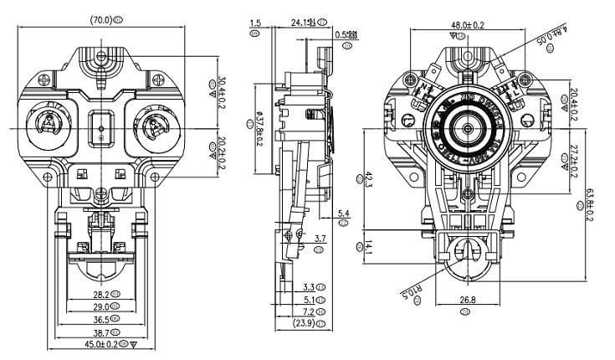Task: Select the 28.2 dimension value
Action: (x=100, y=295)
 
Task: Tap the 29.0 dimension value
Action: (x=100, y=307)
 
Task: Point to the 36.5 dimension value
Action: (x=100, y=320)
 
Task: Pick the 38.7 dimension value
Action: (x=100, y=332)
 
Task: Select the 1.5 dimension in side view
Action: (x=255, y=23)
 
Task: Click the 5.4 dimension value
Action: (x=343, y=215)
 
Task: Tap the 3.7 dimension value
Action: (x=319, y=239)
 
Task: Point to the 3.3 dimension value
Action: (x=308, y=287)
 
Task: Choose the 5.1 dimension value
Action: (x=308, y=299)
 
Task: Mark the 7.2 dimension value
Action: (x=308, y=311)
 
